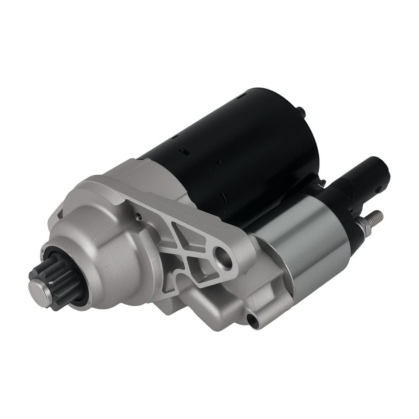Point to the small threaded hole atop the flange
[137, 216]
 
